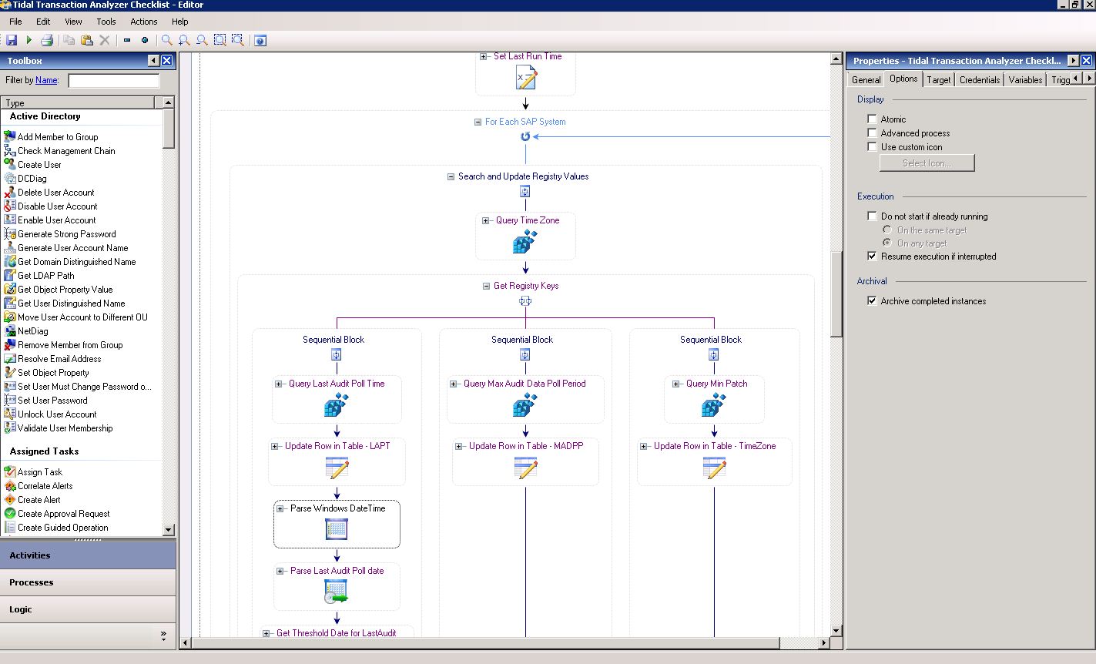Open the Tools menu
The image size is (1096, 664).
point(106,22)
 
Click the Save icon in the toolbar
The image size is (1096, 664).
point(12,40)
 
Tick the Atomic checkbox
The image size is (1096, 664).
point(872,119)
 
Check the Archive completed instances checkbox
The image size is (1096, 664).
point(872,301)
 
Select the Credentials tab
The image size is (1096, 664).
point(980,80)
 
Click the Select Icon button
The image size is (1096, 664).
point(927,163)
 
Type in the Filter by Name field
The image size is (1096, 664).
point(113,80)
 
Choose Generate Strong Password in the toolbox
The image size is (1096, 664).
point(66,234)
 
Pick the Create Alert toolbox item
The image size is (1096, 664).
point(39,500)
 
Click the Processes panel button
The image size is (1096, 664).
point(88,582)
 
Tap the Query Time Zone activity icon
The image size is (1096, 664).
point(525,241)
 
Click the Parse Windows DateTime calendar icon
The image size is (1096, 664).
point(336,529)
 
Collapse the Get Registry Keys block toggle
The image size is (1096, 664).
point(486,286)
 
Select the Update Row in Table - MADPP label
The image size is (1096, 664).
point(526,446)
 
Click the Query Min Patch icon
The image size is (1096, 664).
point(713,404)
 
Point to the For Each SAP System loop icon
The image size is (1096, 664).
point(525,136)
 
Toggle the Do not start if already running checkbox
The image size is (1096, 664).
point(872,216)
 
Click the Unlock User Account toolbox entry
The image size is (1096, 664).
point(57,414)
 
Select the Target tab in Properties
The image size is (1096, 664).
point(938,80)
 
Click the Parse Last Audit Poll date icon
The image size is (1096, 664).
point(336,591)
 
